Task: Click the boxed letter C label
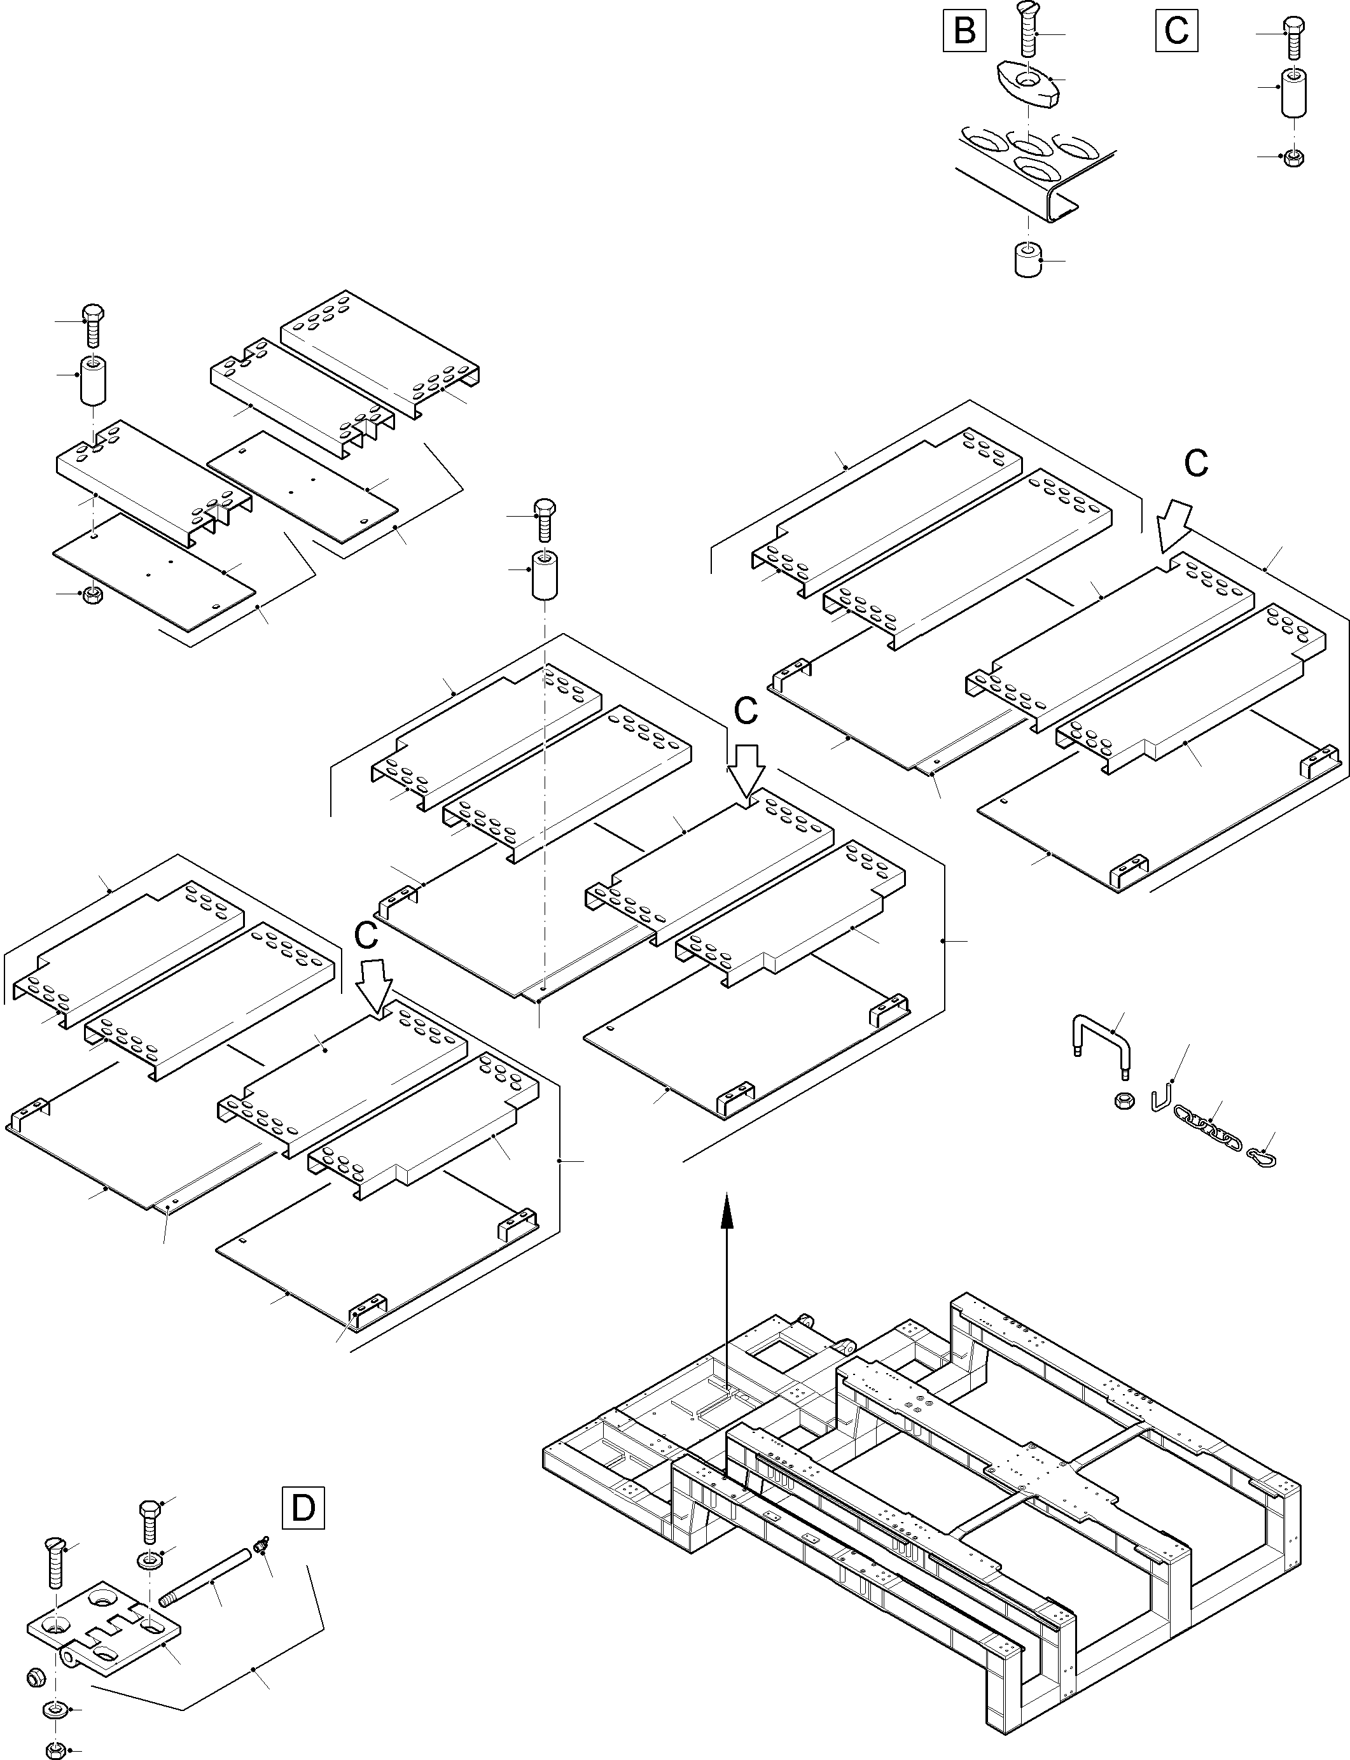[x=1176, y=31]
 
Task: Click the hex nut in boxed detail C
[x=1294, y=157]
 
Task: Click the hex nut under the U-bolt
[x=1124, y=1100]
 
